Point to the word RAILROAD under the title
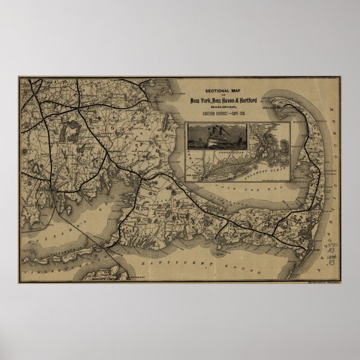pyautogui.click(x=222, y=107)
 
